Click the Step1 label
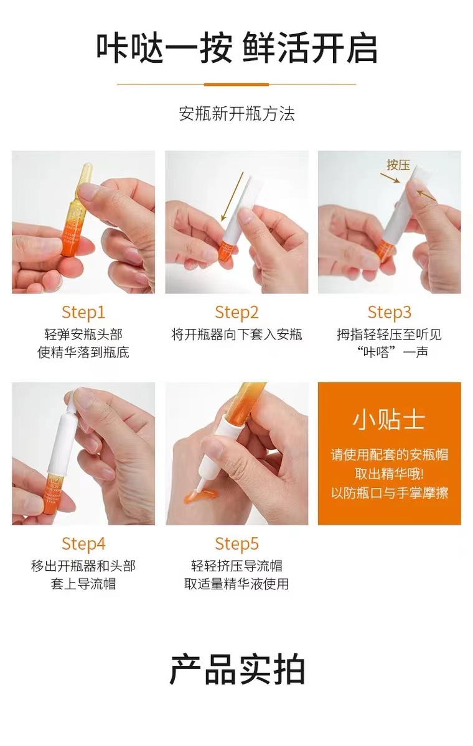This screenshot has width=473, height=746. pos(83,312)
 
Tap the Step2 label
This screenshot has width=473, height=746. pos(236,312)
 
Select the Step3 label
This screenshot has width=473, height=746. pos(390,312)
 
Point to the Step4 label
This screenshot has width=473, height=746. pos(83,544)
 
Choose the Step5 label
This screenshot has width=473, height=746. pos(236,544)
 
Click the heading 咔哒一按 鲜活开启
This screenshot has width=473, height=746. pos(236,48)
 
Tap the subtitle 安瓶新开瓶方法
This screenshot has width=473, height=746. pos(236,114)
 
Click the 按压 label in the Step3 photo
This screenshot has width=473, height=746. pos(398,165)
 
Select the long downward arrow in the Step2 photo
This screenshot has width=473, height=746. pos(232,197)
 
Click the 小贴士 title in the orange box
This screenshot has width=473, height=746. pos(389,420)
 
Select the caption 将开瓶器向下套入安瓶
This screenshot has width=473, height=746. pos(236,334)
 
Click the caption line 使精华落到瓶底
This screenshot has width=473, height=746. pos(83,352)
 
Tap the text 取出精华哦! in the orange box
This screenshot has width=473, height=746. pos(389,474)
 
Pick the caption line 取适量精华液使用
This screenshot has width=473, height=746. pos(236,584)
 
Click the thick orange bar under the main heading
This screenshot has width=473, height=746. pos(236,85)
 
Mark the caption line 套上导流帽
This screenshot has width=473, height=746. pos(83,584)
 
